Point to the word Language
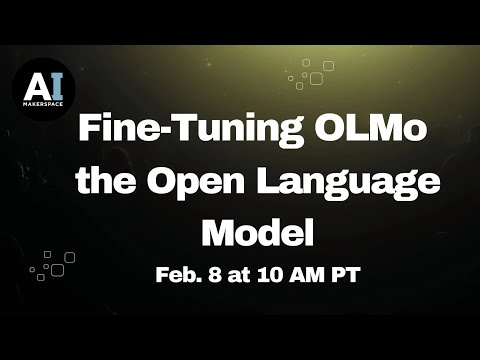pos(342,185)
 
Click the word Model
pos(258,233)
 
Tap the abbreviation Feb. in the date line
pos(177,274)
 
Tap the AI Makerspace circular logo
pos(43,86)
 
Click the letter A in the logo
pos(35,83)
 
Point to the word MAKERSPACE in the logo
pos(43,102)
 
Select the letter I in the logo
pos(54,83)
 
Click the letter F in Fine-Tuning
pos(89,132)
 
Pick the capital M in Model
pos(219,233)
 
